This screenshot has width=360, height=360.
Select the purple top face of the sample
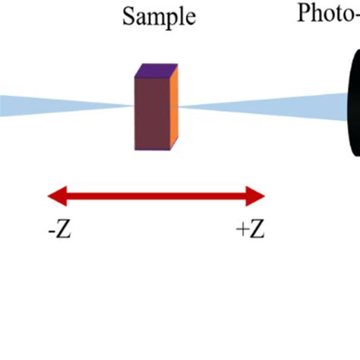point(156,71)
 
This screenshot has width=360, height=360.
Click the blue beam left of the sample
point(46,106)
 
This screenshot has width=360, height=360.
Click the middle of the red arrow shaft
point(156,197)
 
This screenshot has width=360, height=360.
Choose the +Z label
point(251,229)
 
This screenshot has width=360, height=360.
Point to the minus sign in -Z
point(50,231)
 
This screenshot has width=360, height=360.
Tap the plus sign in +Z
point(242,230)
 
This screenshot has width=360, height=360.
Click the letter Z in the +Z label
point(257,229)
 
